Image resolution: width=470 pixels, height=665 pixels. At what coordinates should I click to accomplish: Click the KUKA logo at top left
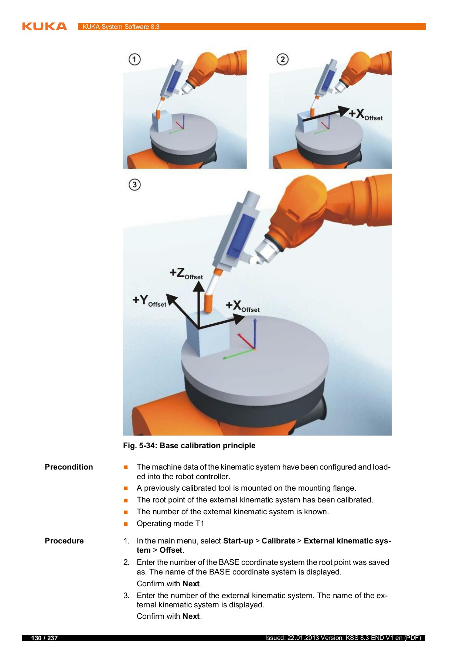[x=44, y=27]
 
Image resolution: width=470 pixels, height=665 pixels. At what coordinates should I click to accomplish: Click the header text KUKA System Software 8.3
[x=121, y=27]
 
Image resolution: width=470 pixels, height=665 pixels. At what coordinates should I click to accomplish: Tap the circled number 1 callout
[x=134, y=59]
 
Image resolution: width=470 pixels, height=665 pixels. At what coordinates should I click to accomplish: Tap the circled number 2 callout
[x=282, y=59]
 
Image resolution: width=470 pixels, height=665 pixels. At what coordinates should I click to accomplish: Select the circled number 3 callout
[x=134, y=185]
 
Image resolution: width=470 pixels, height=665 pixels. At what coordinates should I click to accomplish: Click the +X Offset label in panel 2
[x=366, y=115]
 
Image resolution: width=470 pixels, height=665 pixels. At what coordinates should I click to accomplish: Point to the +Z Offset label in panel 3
[x=186, y=274]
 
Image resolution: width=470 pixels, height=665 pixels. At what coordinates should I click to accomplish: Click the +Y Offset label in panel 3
[x=149, y=301]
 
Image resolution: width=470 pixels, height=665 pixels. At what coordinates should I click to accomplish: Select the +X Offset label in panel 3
[x=242, y=307]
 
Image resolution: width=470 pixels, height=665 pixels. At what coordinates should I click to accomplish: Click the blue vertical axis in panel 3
[x=255, y=332]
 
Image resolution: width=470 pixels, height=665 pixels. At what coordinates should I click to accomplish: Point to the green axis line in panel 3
[x=238, y=354]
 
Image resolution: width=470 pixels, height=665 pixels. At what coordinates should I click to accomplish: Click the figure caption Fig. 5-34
[x=189, y=446]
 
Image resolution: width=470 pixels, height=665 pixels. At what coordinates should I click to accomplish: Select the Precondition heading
[x=69, y=467]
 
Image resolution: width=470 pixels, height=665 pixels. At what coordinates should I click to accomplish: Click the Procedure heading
[x=64, y=541]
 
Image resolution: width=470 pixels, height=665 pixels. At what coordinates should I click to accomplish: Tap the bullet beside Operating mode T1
[x=126, y=524]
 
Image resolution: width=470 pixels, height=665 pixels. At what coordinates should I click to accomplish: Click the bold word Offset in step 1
[x=171, y=550]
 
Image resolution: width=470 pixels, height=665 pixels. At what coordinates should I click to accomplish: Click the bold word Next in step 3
[x=191, y=616]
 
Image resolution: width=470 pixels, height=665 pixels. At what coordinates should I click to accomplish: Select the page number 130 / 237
[x=44, y=638]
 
